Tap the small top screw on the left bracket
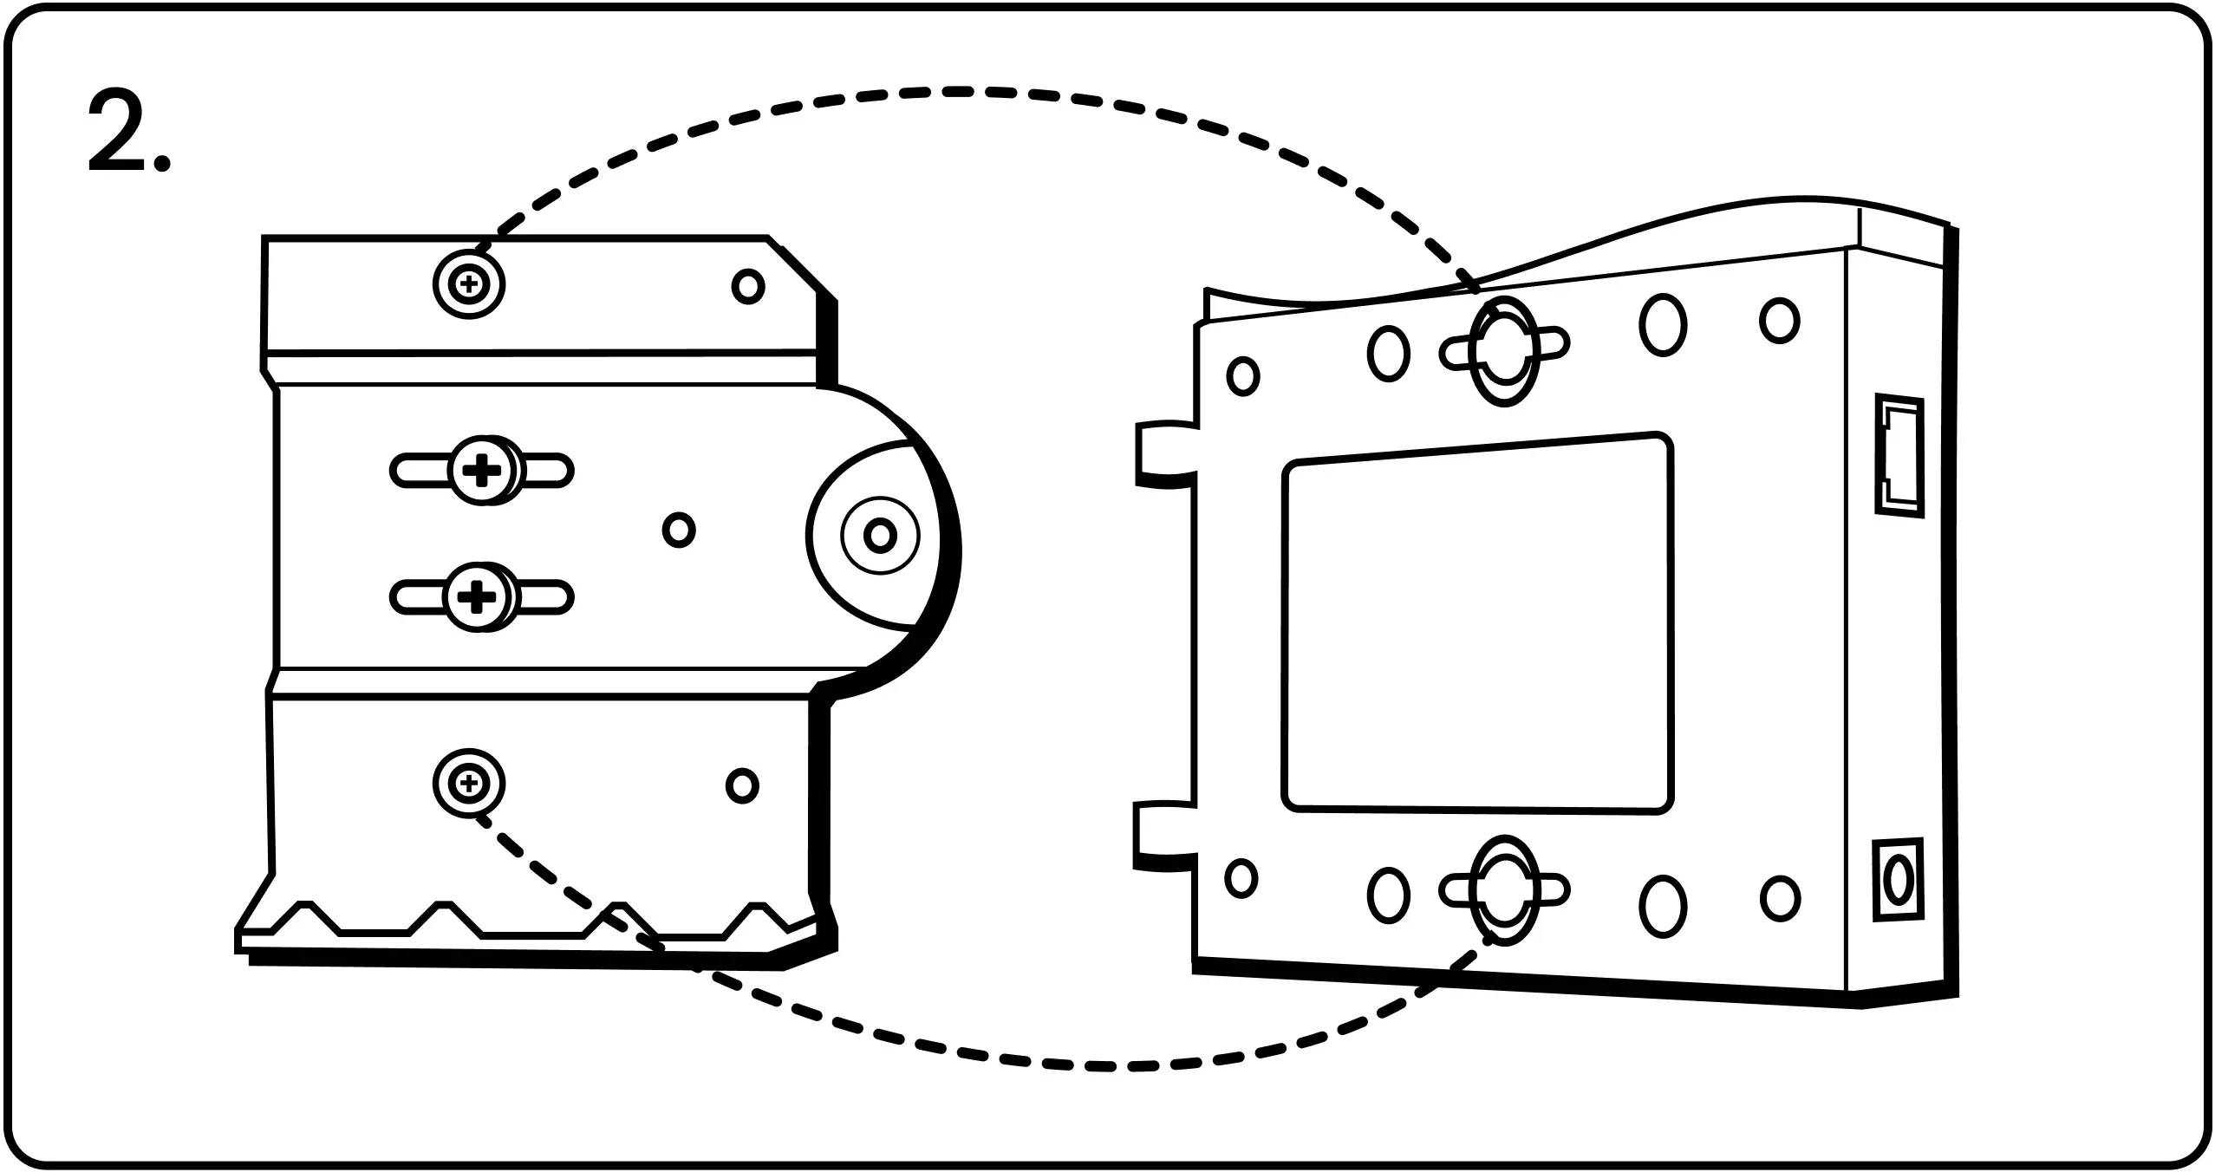468,283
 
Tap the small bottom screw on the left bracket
468,784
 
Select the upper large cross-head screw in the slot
482,472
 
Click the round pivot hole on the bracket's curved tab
880,535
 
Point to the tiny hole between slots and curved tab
678,529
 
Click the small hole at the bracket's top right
747,286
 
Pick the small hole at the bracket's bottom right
741,785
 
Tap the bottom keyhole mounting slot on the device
1504,890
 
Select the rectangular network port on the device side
1899,457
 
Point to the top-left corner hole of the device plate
1243,375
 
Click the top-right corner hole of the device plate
1779,320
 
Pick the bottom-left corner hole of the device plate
1241,877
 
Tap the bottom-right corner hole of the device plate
1780,898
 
